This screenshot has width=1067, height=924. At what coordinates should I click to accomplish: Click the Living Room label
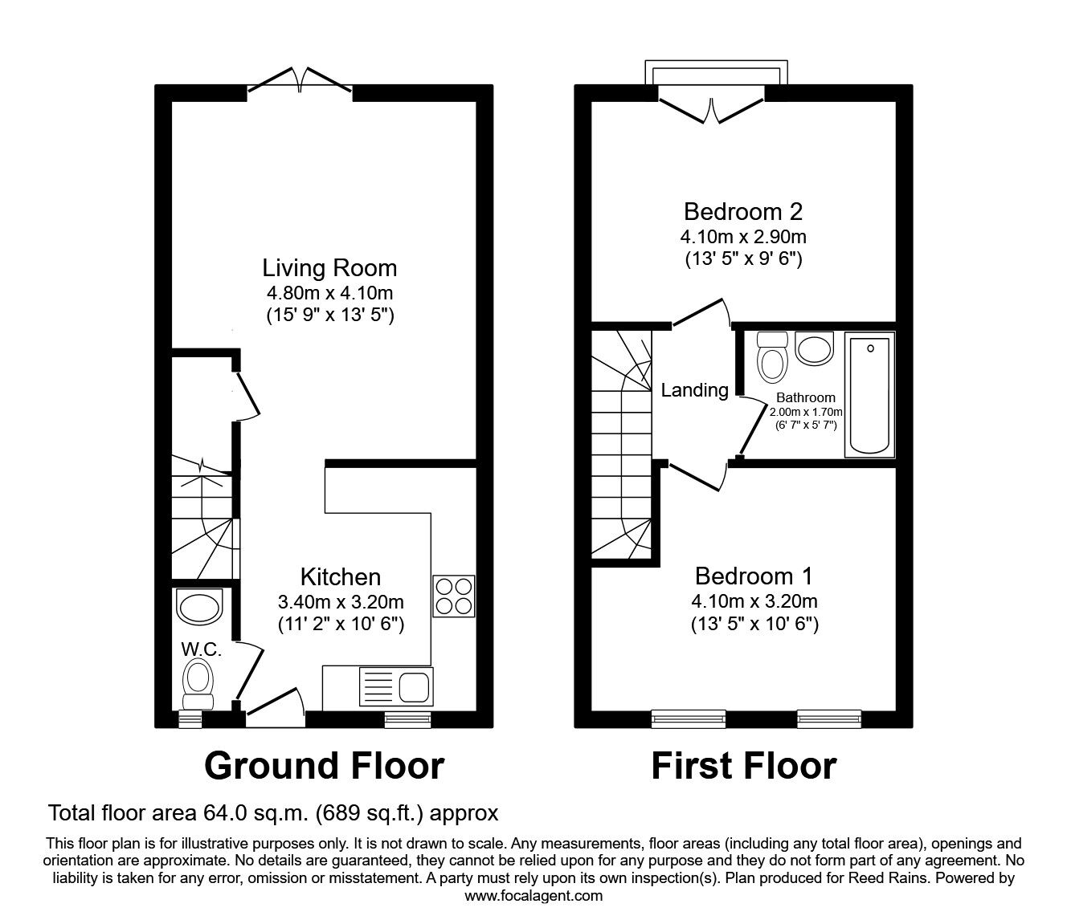329,267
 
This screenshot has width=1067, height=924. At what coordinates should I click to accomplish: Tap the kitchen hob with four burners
454,596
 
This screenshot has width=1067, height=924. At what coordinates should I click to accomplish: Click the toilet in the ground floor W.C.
198,682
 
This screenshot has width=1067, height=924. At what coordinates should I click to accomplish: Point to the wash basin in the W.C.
199,606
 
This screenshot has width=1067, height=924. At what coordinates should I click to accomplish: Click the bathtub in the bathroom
869,396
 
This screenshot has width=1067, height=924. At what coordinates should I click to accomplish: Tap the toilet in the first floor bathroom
773,356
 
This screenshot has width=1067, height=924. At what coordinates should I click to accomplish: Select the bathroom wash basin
815,349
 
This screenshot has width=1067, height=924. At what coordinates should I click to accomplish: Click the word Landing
694,390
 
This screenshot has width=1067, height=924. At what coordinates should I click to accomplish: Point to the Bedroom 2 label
743,211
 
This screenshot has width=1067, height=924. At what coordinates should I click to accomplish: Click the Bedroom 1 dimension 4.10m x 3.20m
754,601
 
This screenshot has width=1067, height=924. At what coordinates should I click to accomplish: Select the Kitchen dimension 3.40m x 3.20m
341,602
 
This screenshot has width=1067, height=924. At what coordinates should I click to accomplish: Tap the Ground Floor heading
324,765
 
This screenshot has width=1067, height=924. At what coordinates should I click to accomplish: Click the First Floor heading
743,765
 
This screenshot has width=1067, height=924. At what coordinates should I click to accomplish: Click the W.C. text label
201,649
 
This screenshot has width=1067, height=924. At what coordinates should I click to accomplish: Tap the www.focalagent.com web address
533,895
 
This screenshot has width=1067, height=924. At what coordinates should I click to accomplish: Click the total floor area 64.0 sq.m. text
273,813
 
